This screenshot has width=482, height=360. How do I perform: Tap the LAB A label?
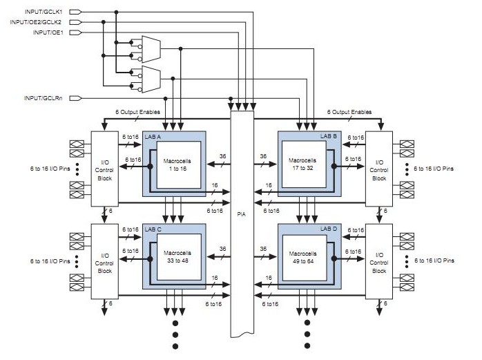tap(154, 138)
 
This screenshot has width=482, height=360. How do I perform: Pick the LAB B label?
tap(329, 138)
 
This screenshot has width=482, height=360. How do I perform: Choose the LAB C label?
tap(154, 229)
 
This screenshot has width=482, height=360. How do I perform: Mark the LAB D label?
tap(329, 229)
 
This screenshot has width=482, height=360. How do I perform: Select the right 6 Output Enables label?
tap(349, 112)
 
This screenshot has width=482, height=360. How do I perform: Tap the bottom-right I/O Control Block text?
tap(379, 260)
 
